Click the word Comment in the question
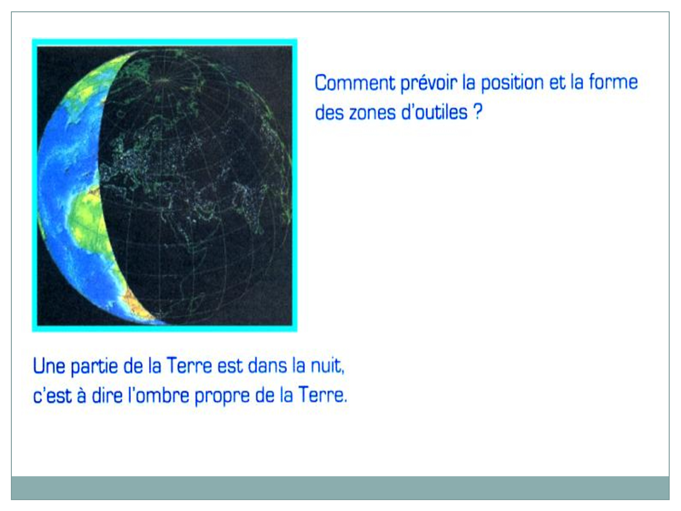pyautogui.click(x=355, y=83)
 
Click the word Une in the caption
pyautogui.click(x=49, y=366)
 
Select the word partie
pyautogui.click(x=94, y=367)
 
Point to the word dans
pyautogui.click(x=267, y=366)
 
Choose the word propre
pyautogui.click(x=222, y=397)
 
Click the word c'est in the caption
pyautogui.click(x=52, y=396)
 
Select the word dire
pyautogui.click(x=107, y=395)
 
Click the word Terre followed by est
pyautogui.click(x=189, y=366)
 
